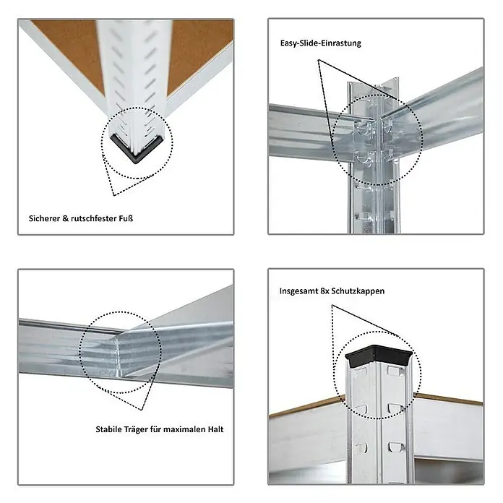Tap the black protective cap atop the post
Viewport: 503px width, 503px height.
click(x=379, y=355)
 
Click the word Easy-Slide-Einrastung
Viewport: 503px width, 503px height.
click(x=320, y=43)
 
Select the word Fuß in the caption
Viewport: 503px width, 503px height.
click(x=126, y=218)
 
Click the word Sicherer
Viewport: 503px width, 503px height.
click(x=44, y=218)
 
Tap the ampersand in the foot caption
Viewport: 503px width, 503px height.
click(x=66, y=218)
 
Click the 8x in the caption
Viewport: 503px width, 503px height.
click(x=324, y=291)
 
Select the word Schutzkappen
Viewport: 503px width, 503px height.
click(x=358, y=291)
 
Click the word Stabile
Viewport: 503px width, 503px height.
click(x=108, y=429)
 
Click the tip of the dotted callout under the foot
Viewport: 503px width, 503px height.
click(x=114, y=195)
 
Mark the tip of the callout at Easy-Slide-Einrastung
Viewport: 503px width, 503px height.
click(x=318, y=60)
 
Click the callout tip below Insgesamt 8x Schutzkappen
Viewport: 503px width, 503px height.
click(x=332, y=306)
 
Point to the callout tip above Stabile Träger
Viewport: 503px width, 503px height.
click(x=141, y=410)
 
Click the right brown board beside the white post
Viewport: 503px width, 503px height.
click(x=198, y=51)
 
